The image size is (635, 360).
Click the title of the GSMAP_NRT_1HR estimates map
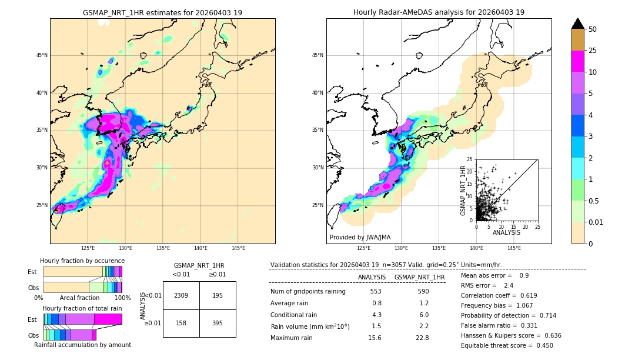pyautogui.click(x=162, y=12)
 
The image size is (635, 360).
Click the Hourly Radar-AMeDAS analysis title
pyautogui.click(x=439, y=12)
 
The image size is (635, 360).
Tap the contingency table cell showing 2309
pyautogui.click(x=181, y=295)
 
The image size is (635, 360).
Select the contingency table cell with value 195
pyautogui.click(x=218, y=295)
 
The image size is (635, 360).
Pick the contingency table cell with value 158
pyautogui.click(x=181, y=323)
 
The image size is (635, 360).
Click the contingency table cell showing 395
pyautogui.click(x=218, y=323)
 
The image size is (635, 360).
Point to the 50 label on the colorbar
pyautogui.click(x=593, y=29)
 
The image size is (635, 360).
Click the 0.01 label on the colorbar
pyautogui.click(x=596, y=222)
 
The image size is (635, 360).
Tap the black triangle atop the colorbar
pyautogui.click(x=577, y=24)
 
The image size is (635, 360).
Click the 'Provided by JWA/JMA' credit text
pyautogui.click(x=360, y=237)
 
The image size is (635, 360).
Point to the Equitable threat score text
pyautogui.click(x=507, y=345)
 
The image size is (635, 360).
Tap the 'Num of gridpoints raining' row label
pyautogui.click(x=308, y=292)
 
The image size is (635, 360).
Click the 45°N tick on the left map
pyautogui.click(x=42, y=55)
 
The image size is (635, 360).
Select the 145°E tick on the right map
pyautogui.click(x=514, y=248)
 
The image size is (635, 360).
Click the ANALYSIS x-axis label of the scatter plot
pyautogui.click(x=506, y=232)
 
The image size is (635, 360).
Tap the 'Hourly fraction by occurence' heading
pyautogui.click(x=82, y=261)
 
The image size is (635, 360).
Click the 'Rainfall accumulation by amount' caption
pyautogui.click(x=82, y=345)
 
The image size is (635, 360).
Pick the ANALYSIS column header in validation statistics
pyautogui.click(x=372, y=277)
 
